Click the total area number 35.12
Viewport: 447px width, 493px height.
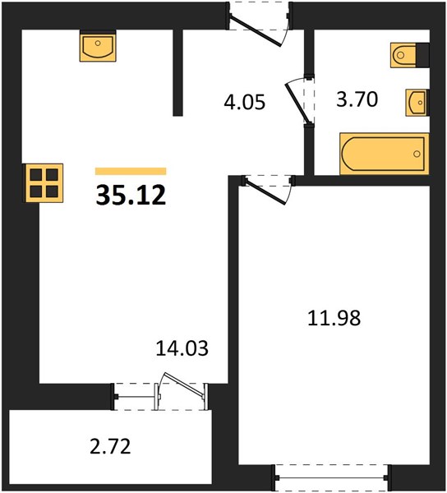(x=131, y=195)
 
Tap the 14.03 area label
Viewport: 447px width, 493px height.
(x=182, y=348)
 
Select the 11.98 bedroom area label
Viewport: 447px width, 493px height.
(x=334, y=318)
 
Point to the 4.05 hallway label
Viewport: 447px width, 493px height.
(x=245, y=102)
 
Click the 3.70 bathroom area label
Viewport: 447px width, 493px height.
(x=357, y=99)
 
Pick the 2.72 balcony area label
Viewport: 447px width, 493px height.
(x=110, y=446)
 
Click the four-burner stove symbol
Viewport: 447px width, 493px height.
(x=44, y=183)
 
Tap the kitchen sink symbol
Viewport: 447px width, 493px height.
(x=98, y=48)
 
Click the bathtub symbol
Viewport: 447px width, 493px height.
(x=384, y=154)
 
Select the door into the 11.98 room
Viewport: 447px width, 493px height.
(x=265, y=191)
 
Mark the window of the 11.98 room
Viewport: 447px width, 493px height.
(x=333, y=477)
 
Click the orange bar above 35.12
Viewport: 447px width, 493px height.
(x=131, y=171)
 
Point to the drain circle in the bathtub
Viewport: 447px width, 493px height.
(x=417, y=154)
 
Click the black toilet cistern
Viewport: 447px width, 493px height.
(x=422, y=55)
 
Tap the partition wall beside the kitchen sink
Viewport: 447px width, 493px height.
(x=178, y=72)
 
